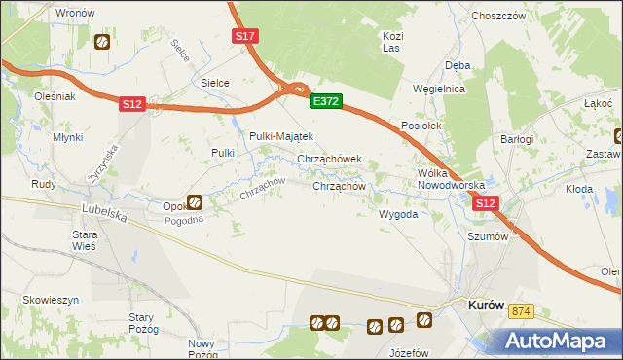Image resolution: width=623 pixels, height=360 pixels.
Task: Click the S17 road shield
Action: pyautogui.click(x=245, y=36)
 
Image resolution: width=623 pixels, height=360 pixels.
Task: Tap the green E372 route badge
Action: pyautogui.click(x=325, y=100)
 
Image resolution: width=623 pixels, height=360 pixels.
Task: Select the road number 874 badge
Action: pyautogui.click(x=522, y=310)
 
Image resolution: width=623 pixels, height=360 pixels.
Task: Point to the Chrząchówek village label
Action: pyautogui.click(x=329, y=159)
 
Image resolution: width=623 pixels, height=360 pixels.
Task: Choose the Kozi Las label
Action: pyautogui.click(x=392, y=41)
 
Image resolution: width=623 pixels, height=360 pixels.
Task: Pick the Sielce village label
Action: pyautogui.click(x=214, y=83)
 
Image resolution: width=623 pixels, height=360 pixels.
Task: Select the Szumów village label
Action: pyautogui.click(x=489, y=236)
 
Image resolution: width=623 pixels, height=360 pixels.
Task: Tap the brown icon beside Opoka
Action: pyautogui.click(x=195, y=202)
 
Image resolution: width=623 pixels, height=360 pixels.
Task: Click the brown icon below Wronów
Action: pyautogui.click(x=101, y=42)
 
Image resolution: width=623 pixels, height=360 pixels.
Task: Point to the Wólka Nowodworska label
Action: pyautogui.click(x=450, y=178)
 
